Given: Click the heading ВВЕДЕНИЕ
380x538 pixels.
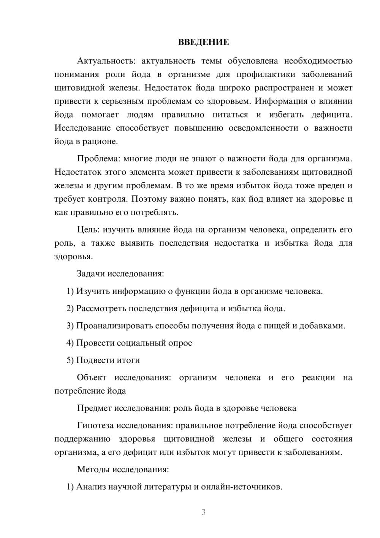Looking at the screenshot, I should coord(203,42).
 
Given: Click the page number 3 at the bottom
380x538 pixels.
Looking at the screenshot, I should coord(203,512).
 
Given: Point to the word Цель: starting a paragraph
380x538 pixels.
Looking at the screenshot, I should coord(88,229).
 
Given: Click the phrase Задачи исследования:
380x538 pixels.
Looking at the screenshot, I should coord(120,274).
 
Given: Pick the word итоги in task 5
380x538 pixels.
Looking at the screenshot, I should coord(129,360).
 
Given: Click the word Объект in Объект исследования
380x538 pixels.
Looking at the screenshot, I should coord(92,377).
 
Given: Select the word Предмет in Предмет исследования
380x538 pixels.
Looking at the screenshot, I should coord(94,408).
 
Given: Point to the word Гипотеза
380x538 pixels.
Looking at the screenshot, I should coord(95,425).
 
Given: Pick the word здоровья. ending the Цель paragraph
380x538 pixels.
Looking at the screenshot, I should coord(73,256).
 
